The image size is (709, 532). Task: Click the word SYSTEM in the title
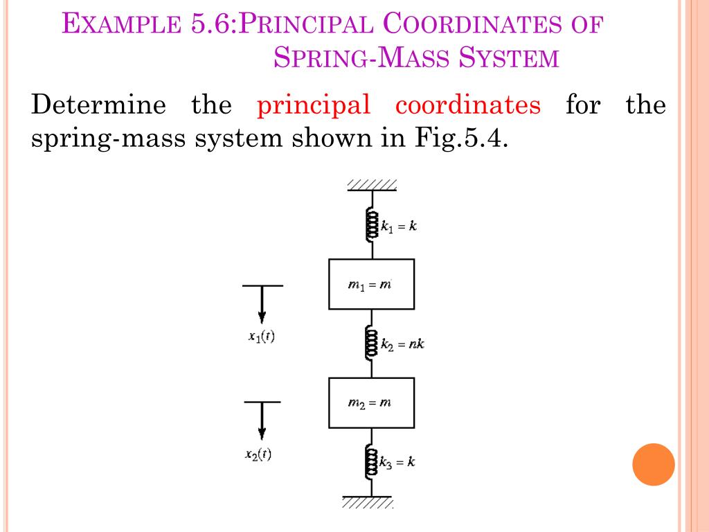[510, 57]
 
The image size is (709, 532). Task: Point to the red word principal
[314, 106]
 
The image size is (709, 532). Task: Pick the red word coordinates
[468, 106]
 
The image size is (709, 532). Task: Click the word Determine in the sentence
[99, 106]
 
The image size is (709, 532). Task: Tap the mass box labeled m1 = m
[371, 284]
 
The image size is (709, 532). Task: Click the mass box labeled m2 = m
[371, 402]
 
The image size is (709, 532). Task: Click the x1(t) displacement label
[261, 337]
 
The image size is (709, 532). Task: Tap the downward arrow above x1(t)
[262, 304]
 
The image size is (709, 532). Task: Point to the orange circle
[653, 465]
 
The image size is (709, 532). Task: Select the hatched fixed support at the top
[372, 185]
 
